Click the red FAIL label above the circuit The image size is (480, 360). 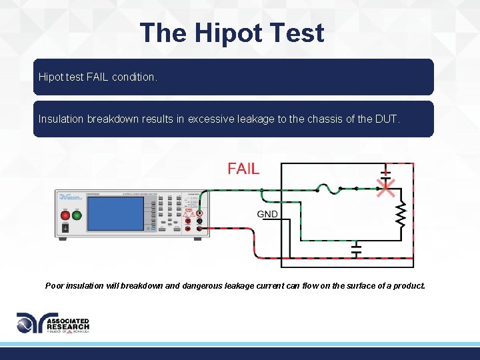point(243,169)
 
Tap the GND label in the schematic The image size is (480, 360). point(267,214)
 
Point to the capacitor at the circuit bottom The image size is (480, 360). point(356,249)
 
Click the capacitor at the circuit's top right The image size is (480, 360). point(385,175)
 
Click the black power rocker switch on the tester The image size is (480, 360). point(65,228)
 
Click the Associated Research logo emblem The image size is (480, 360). point(30,323)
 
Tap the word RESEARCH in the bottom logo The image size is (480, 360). point(67,327)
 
